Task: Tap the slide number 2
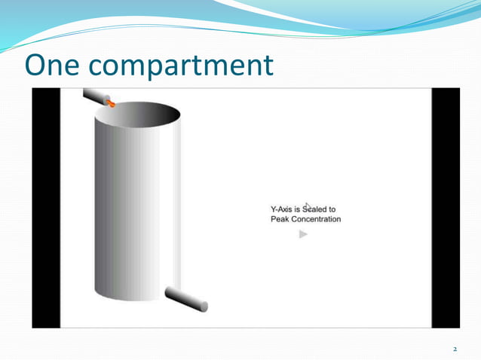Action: (x=455, y=349)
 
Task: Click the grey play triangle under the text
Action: (x=303, y=234)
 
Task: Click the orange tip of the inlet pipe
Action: (x=110, y=103)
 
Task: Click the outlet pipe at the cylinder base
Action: (x=184, y=299)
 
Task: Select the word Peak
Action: (x=280, y=220)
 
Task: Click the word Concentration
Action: (x=317, y=220)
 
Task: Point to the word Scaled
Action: (x=317, y=209)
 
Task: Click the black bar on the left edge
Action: (x=45, y=208)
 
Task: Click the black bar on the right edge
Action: (x=445, y=208)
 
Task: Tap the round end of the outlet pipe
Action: (x=204, y=306)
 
